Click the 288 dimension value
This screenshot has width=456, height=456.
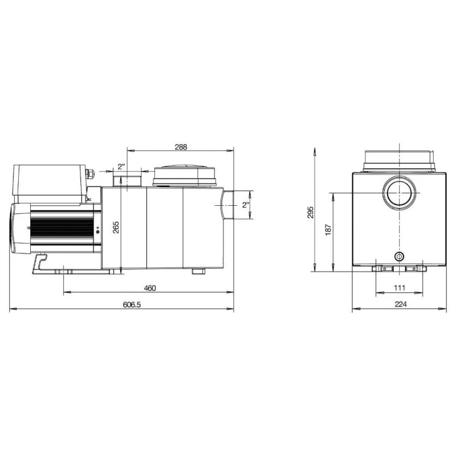coord(181,147)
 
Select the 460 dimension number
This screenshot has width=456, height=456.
coord(150,288)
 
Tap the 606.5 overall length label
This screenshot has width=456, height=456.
coord(132,304)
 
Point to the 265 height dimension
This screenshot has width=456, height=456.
coord(116,227)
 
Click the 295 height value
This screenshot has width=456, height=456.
coord(311,212)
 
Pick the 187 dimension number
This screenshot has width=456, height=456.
coord(328,230)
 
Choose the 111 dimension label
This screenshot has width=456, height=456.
coord(400,288)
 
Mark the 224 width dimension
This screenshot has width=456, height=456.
coord(401,304)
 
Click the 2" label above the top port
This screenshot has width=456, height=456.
coord(121,166)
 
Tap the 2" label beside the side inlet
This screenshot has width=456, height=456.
coord(246,205)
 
